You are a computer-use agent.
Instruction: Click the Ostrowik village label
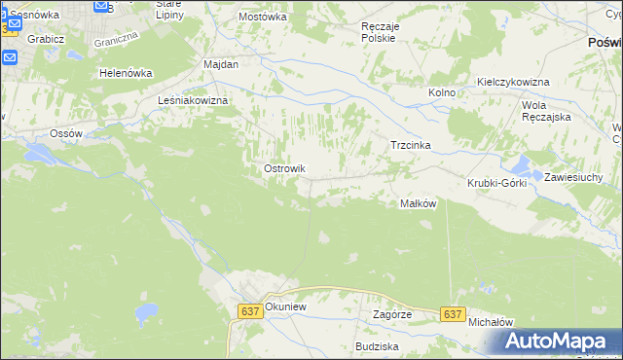pos(284,168)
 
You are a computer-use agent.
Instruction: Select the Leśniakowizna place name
pos(192,100)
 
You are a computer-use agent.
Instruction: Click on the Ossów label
pos(70,133)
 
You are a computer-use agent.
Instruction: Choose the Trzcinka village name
pos(410,145)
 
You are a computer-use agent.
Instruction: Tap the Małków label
pos(418,203)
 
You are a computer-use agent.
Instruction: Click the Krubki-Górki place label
pos(496,183)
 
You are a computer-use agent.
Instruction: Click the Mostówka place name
pos(263,17)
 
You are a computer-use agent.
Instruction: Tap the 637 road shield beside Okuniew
pos(249,310)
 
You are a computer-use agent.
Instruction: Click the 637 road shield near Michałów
pos(452,314)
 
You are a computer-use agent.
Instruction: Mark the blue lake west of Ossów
pos(44,153)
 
